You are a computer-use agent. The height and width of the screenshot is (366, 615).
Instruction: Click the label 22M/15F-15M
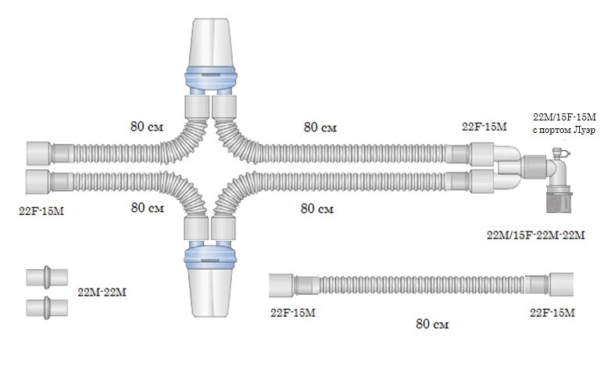[563, 117]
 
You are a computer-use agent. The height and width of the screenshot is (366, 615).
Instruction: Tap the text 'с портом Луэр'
[563, 130]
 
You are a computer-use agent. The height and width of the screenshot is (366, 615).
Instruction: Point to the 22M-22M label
[103, 292]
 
